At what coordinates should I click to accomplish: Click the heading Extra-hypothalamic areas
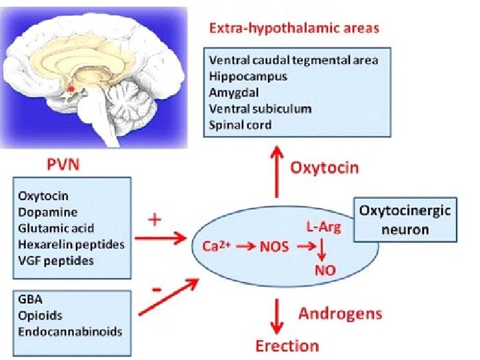pyautogui.click(x=294, y=28)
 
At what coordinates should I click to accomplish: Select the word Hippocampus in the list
pyautogui.click(x=248, y=76)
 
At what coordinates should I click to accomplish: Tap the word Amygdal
pyautogui.click(x=234, y=92)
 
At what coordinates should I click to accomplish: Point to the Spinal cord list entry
pyautogui.click(x=240, y=124)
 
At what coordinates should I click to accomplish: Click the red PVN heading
pyautogui.click(x=61, y=165)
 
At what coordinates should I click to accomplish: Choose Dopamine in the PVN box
pyautogui.click(x=48, y=212)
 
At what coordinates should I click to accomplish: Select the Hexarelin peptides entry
pyautogui.click(x=71, y=244)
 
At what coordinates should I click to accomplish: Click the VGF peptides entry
pyautogui.click(x=56, y=260)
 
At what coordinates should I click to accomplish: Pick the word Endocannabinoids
pyautogui.click(x=70, y=331)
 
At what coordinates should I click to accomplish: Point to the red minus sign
pyautogui.click(x=157, y=291)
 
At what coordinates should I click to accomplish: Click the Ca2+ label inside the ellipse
pyautogui.click(x=215, y=246)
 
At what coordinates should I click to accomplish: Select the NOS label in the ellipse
pyautogui.click(x=275, y=247)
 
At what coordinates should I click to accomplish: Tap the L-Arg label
pyautogui.click(x=323, y=228)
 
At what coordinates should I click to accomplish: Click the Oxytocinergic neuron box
pyautogui.click(x=405, y=220)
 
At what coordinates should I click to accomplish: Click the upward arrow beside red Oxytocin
pyautogui.click(x=276, y=173)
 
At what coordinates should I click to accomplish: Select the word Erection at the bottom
pyautogui.click(x=287, y=345)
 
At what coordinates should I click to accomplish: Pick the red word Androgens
pyautogui.click(x=340, y=313)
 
